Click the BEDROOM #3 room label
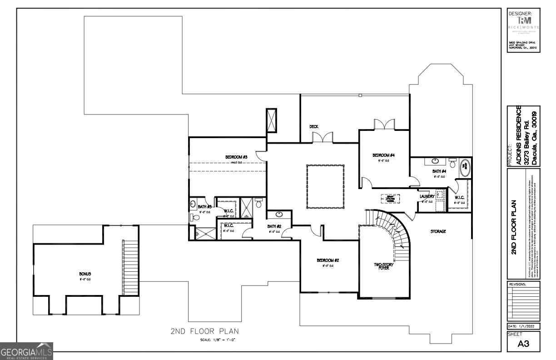click(236, 157)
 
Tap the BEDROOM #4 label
click(383, 155)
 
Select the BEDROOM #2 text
click(328, 260)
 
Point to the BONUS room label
click(85, 274)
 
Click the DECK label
click(313, 127)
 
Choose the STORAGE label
click(438, 231)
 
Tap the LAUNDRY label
click(427, 196)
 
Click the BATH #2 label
click(274, 226)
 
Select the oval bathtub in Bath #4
click(466, 168)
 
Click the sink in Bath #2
click(278, 215)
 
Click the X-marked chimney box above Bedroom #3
click(272, 120)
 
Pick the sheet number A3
click(523, 344)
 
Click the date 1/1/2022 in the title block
click(523, 326)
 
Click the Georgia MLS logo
click(26, 352)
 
